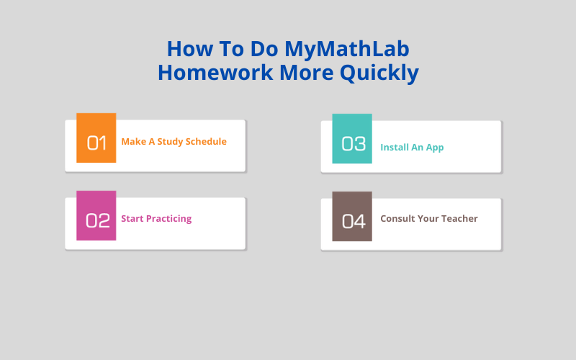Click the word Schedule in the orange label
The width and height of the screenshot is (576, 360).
(x=206, y=142)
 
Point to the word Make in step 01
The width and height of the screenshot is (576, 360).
(x=133, y=142)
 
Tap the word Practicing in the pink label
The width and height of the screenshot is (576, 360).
(x=169, y=219)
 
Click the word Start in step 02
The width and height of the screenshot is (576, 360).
(x=132, y=219)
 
